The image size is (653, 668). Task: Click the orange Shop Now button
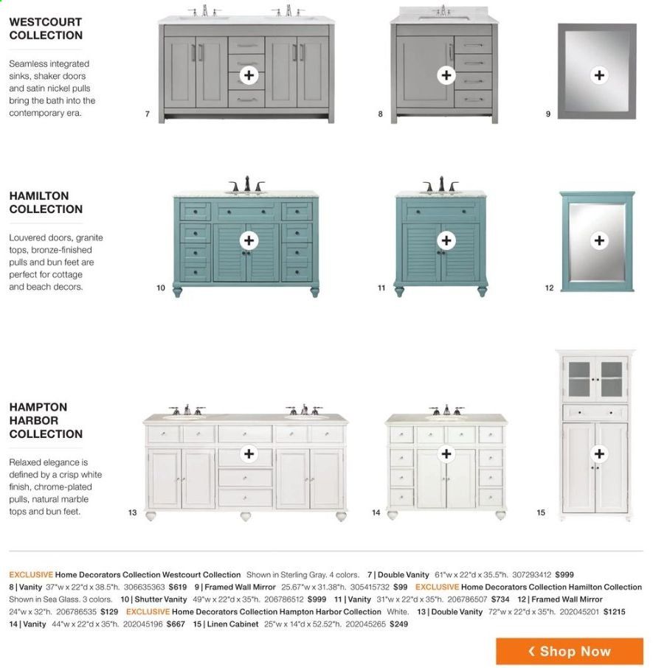[x=570, y=651]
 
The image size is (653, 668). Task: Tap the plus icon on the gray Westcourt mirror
[x=599, y=75]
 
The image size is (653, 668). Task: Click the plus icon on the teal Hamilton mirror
[x=599, y=240]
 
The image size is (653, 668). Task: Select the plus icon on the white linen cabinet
[x=599, y=453]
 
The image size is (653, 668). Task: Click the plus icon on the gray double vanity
[x=249, y=75]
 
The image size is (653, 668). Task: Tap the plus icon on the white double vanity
[x=249, y=453]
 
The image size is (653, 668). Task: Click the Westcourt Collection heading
[x=46, y=29]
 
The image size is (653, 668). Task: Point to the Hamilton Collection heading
[x=46, y=202]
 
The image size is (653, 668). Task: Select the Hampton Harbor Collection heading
[x=46, y=420]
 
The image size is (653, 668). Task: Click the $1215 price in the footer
[x=614, y=612]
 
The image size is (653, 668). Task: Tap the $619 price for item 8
[x=178, y=587]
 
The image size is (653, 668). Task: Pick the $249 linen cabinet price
[x=399, y=624]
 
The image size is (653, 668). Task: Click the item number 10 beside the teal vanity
[x=161, y=288]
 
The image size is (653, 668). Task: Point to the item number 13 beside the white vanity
[x=133, y=512]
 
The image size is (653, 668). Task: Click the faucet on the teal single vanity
[x=440, y=184]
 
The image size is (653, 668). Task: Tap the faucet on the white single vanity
[x=446, y=410]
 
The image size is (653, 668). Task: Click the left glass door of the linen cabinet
[x=578, y=379]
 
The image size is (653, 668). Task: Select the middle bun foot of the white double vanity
[x=246, y=516]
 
